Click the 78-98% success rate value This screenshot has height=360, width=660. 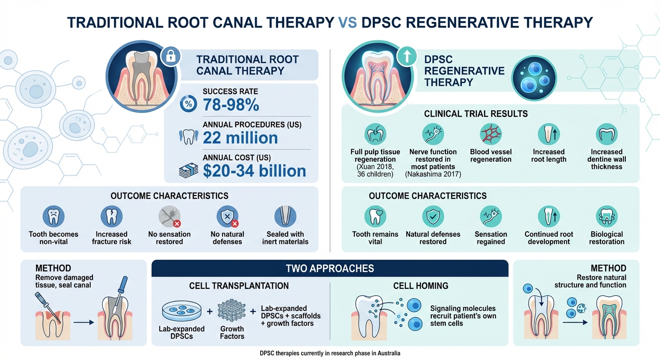click(231, 105)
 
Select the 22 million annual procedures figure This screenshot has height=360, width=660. click(240, 138)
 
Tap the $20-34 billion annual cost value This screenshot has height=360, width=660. click(255, 171)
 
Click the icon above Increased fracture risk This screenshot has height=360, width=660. click(112, 217)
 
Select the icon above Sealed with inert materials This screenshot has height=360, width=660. click(285, 217)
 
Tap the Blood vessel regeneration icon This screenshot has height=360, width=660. click(491, 135)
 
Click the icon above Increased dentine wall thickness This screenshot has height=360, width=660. click(606, 135)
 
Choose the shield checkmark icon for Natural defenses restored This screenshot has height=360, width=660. click(433, 217)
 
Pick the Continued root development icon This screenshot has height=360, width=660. click(548, 217)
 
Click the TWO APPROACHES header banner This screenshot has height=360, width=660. click(330, 269)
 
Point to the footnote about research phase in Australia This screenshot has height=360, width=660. click(330, 353)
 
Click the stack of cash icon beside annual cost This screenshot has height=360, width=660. click(188, 171)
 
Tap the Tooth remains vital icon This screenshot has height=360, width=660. click(375, 217)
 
